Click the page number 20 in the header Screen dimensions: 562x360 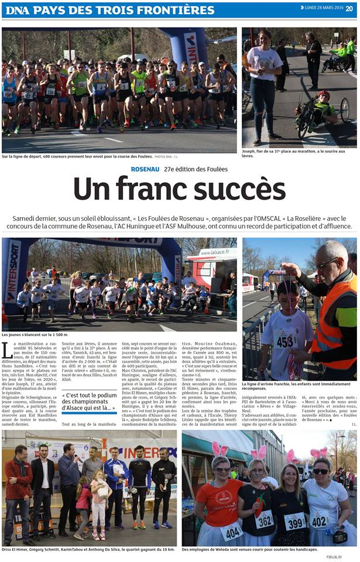point(349,8)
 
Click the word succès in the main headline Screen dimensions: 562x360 point(236,190)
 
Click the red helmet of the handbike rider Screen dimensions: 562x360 point(324,95)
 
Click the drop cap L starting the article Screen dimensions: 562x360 point(7,350)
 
